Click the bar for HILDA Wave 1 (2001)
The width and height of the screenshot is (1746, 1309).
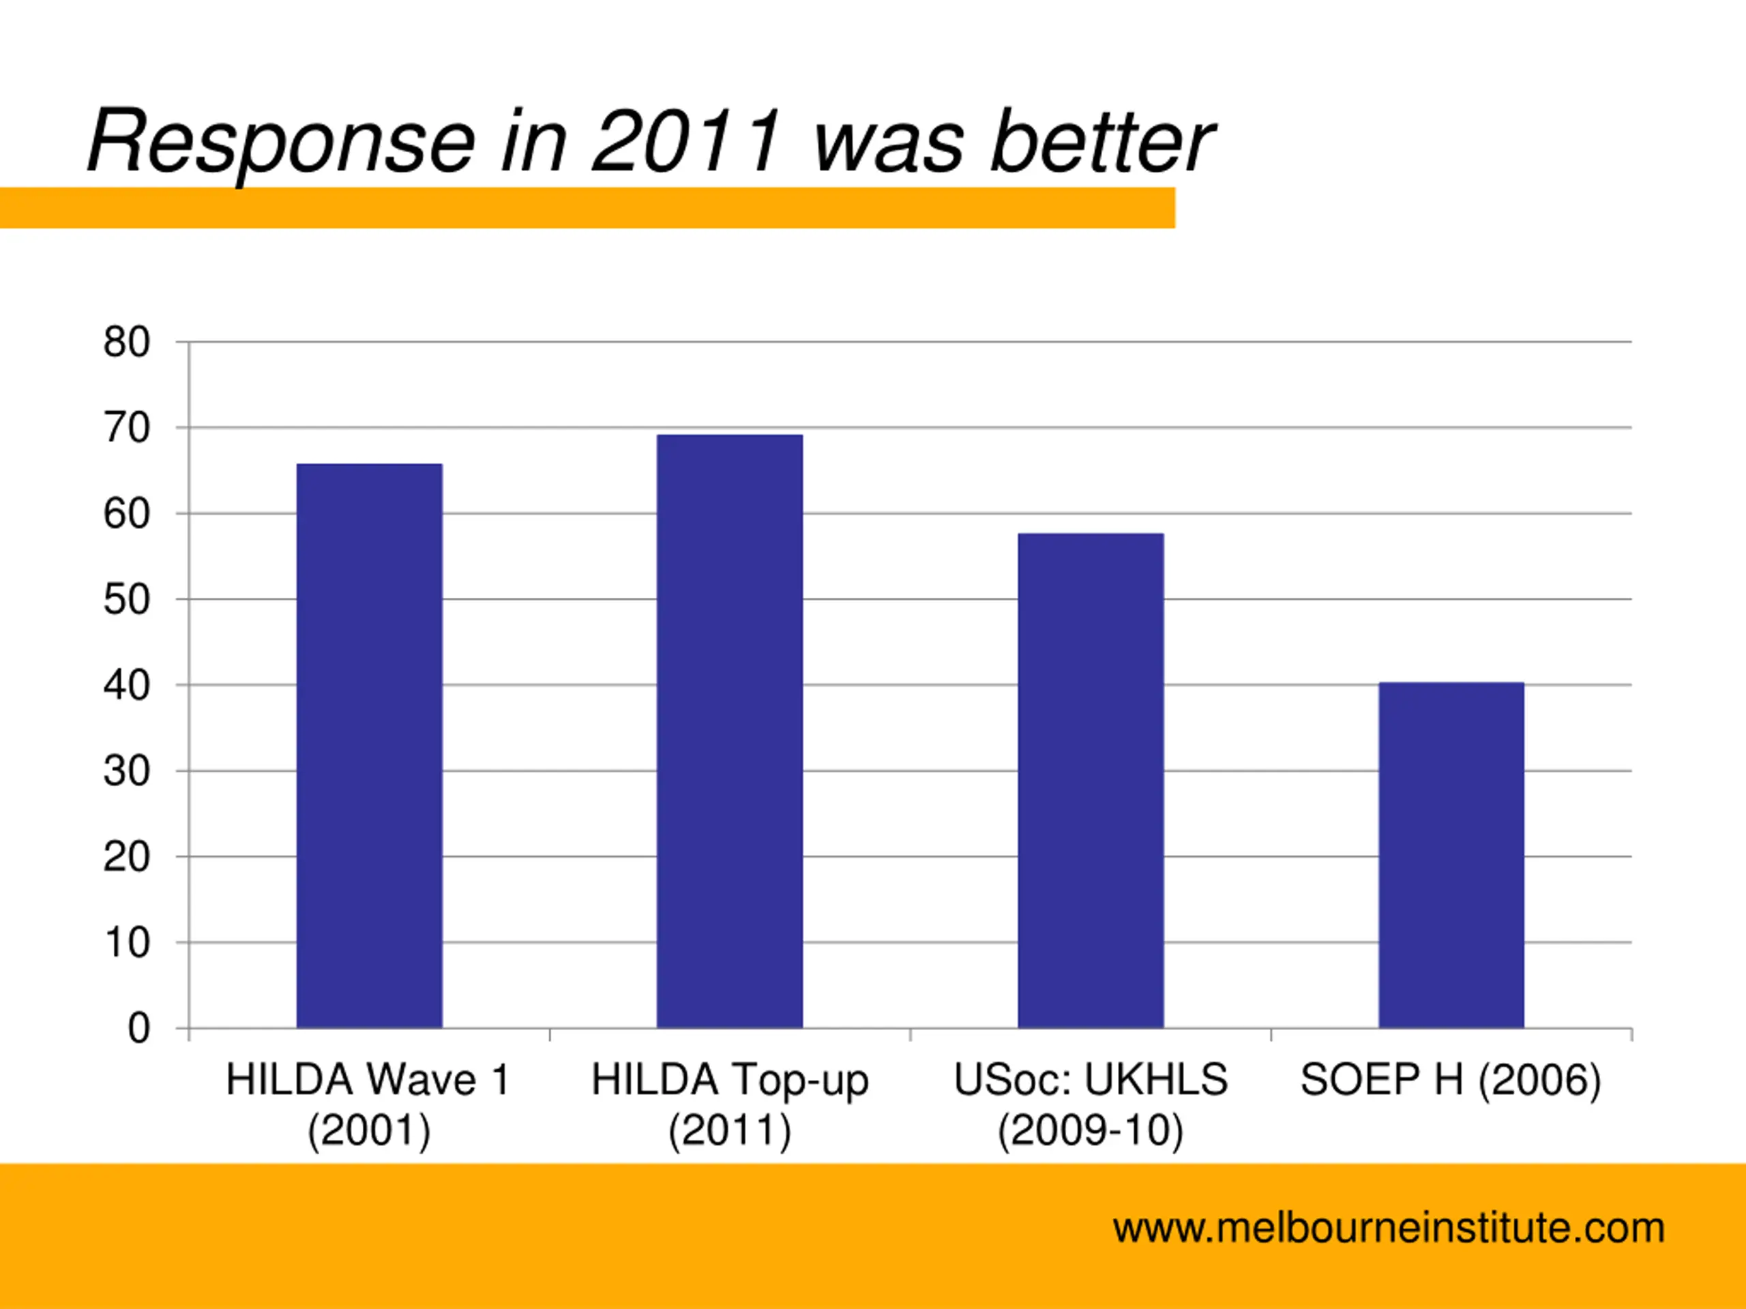pyautogui.click(x=370, y=746)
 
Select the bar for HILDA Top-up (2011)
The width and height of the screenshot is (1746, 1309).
pyautogui.click(x=729, y=731)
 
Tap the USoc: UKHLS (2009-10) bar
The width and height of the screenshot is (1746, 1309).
pyautogui.click(x=1090, y=781)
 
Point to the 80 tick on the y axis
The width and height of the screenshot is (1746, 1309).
pyautogui.click(x=126, y=342)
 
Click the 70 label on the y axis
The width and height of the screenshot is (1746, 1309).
pyautogui.click(x=126, y=428)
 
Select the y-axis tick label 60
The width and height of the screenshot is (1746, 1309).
pyautogui.click(x=126, y=515)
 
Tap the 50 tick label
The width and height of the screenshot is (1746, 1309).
pyautogui.click(x=126, y=600)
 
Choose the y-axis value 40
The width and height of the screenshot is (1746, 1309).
pyautogui.click(x=126, y=686)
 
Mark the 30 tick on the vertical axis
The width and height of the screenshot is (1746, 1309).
pyautogui.click(x=126, y=771)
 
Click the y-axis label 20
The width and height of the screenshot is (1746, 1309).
pyautogui.click(x=126, y=857)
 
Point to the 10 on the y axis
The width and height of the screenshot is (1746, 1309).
pyautogui.click(x=126, y=943)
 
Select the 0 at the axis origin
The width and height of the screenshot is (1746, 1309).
pyautogui.click(x=139, y=1029)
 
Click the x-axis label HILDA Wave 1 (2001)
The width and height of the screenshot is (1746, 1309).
pyautogui.click(x=368, y=1104)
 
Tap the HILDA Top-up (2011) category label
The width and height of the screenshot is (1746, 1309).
pyautogui.click(x=729, y=1104)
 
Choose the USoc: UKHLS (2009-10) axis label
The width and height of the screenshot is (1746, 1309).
pyautogui.click(x=1090, y=1104)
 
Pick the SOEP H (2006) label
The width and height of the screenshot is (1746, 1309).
pyautogui.click(x=1450, y=1080)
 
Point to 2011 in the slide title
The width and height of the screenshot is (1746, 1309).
pyautogui.click(x=686, y=142)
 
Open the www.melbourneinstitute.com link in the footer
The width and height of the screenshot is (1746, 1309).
pyautogui.click(x=1389, y=1229)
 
